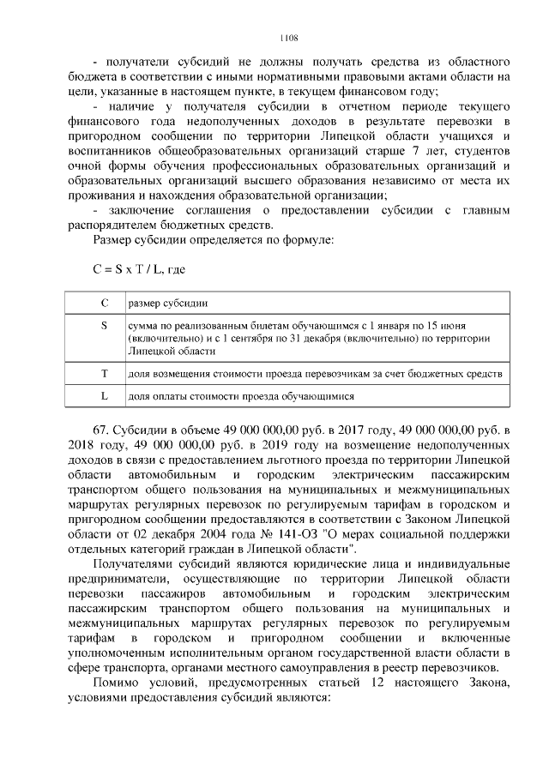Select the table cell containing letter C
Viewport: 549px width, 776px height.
pos(104,304)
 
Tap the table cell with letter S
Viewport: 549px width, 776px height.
pos(104,326)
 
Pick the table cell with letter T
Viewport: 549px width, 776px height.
pos(104,374)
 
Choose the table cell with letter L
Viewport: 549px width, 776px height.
pos(104,397)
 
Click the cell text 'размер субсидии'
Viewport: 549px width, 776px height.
pos(167,304)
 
